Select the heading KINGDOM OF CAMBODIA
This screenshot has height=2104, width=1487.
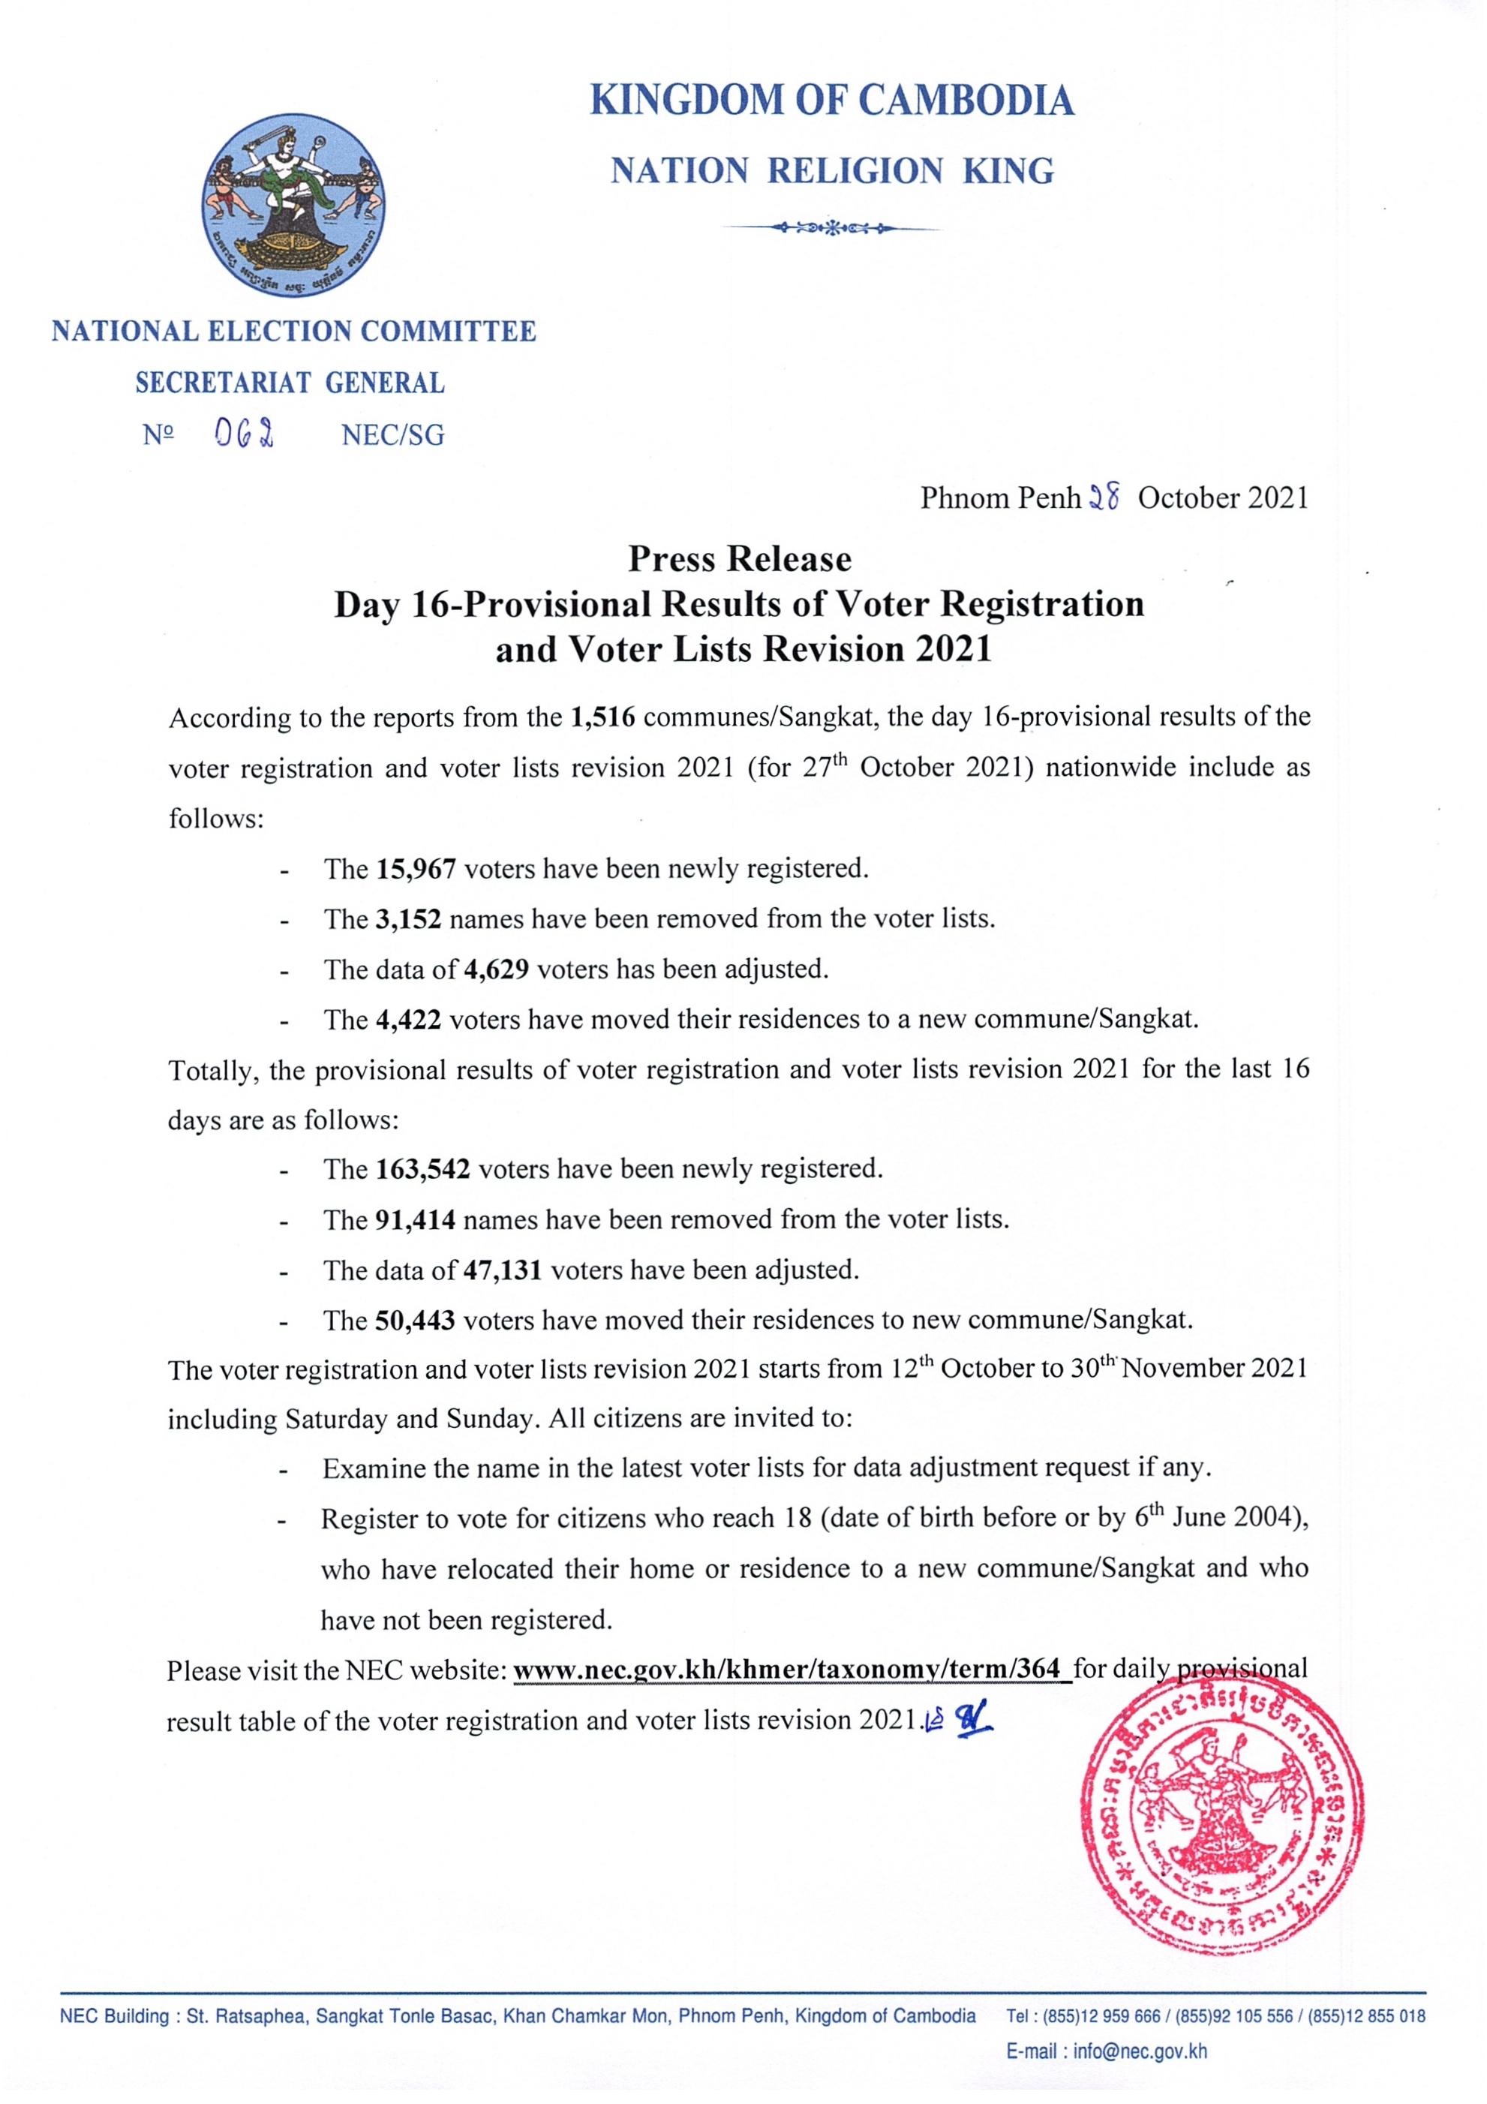point(832,100)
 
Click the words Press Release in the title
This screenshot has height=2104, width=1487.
point(740,559)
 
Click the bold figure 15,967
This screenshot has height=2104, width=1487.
point(416,868)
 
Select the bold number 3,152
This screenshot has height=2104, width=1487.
point(409,918)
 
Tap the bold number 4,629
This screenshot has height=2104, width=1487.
point(496,969)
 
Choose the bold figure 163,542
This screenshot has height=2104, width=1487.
point(423,1169)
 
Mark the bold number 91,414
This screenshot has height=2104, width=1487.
point(416,1219)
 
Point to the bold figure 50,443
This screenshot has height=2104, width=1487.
point(416,1321)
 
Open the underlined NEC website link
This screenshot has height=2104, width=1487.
point(792,1670)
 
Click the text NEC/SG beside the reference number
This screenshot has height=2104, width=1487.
point(392,435)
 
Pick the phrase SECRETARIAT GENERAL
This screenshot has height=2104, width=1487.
point(290,383)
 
